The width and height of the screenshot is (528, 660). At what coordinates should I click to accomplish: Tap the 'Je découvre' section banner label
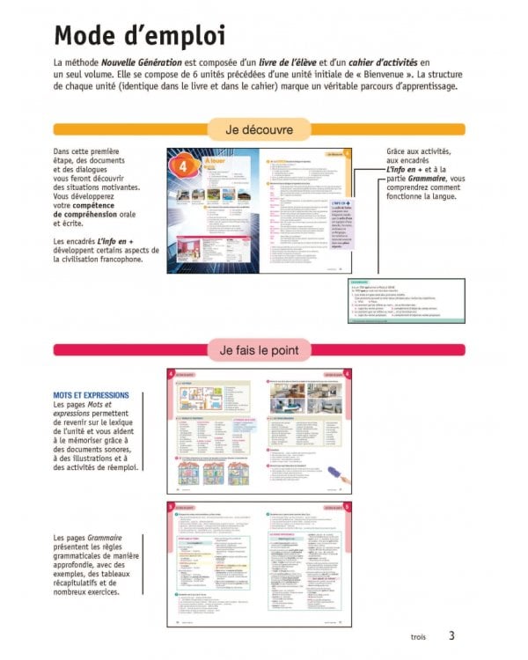258,130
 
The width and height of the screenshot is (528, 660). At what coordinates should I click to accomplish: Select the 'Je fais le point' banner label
258,350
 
